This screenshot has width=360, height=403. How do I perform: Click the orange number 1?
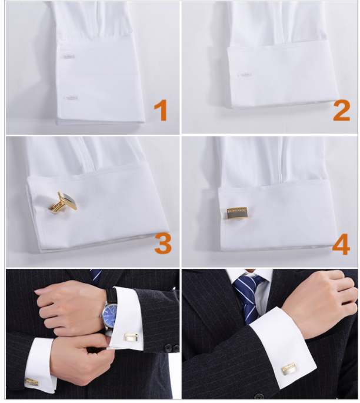tap(161, 110)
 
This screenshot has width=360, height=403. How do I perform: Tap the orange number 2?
tap(342, 110)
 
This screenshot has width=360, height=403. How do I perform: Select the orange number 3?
tap(163, 244)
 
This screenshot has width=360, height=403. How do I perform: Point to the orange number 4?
tap(341, 244)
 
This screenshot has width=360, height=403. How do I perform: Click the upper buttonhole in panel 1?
tap(68, 56)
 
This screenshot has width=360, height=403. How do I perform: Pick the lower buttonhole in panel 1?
tap(71, 98)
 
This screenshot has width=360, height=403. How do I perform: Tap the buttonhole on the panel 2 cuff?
tap(245, 75)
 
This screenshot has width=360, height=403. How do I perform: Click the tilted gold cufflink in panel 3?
tap(64, 202)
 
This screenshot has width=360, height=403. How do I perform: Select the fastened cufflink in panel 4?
tap(237, 213)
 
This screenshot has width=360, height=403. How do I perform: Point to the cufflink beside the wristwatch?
tap(131, 337)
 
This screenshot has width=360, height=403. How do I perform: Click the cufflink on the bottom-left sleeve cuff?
tap(32, 382)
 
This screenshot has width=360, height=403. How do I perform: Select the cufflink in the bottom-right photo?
tap(289, 369)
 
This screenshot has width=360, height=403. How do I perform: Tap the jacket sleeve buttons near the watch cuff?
tap(172, 348)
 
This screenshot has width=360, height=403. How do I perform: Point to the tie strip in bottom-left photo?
tap(96, 275)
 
